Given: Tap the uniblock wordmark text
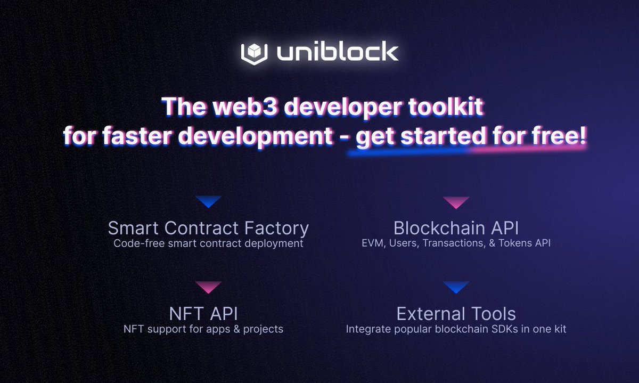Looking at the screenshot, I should [x=337, y=52].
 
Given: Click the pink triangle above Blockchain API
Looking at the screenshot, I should [x=456, y=202].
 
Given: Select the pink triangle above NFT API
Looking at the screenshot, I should [x=208, y=287].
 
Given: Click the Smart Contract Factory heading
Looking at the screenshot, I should [x=208, y=229].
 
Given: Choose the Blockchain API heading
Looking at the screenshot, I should [x=456, y=229].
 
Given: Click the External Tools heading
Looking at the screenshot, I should [x=456, y=313].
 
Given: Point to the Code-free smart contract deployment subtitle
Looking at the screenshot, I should [x=208, y=244].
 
